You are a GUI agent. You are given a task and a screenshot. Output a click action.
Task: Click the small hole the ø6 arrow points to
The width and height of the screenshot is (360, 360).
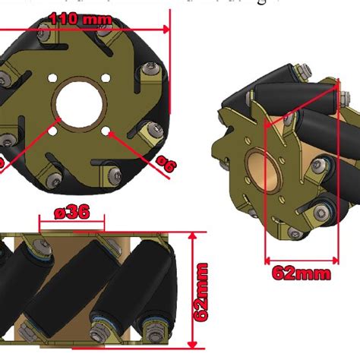[x=111, y=131]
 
